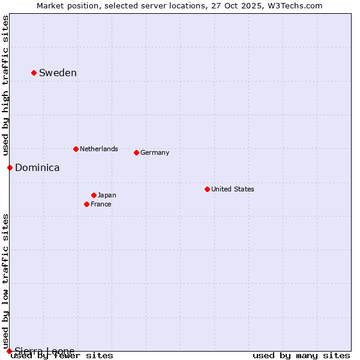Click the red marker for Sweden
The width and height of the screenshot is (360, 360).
click(x=34, y=73)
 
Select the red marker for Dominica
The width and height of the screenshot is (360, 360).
click(x=10, y=167)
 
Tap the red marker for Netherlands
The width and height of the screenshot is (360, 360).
click(x=76, y=149)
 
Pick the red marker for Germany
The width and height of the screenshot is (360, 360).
click(x=136, y=152)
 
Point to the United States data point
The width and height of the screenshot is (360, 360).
click(x=207, y=189)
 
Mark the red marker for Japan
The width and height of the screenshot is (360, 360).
click(x=94, y=195)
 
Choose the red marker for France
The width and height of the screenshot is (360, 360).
click(x=86, y=204)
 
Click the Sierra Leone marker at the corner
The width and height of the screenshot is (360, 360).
click(x=9, y=351)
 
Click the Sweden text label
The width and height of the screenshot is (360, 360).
click(x=58, y=73)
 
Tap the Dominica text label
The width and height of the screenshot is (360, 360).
click(x=37, y=168)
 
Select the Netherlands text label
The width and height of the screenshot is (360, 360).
click(x=99, y=149)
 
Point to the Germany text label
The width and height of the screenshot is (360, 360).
click(x=155, y=152)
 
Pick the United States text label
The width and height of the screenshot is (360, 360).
click(x=233, y=189)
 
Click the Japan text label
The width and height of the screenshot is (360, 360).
click(x=107, y=195)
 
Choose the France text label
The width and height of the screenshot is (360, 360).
click(x=101, y=204)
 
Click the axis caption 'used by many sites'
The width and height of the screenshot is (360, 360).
click(x=301, y=355)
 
